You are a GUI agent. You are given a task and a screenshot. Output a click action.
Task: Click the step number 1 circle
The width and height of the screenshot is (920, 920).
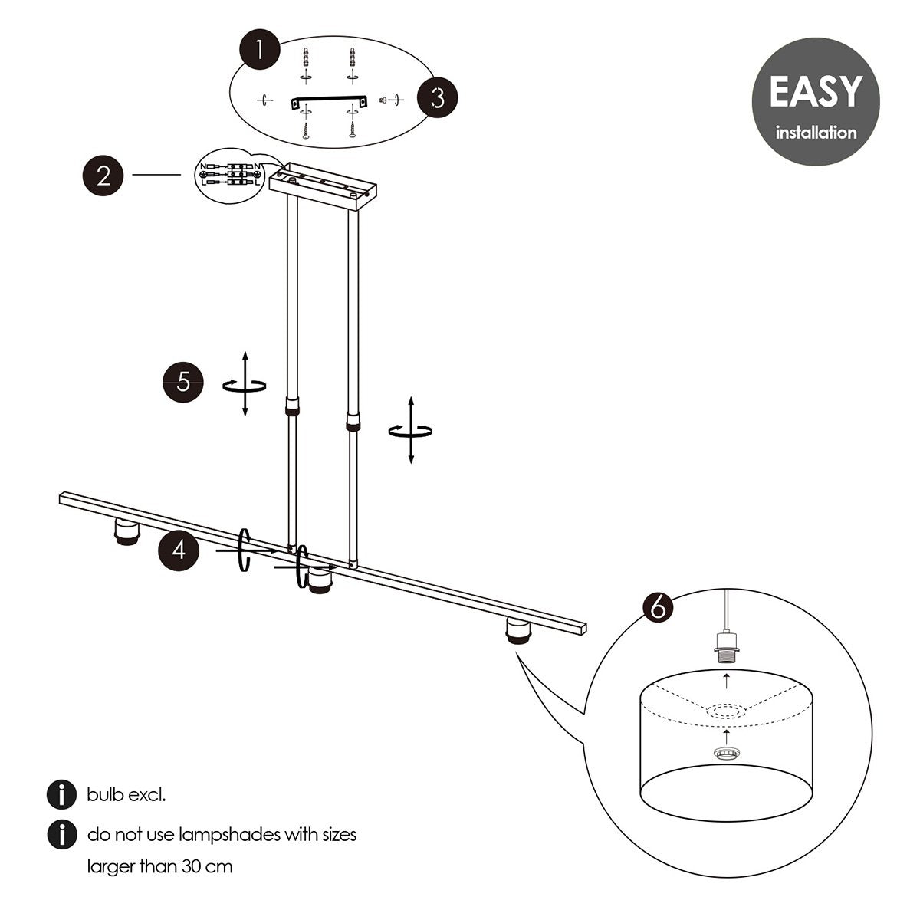[x=259, y=51]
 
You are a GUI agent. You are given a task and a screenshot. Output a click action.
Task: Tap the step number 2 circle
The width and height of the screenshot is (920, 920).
[x=103, y=176]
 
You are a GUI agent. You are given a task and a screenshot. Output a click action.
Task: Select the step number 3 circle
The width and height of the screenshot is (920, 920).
[x=437, y=98]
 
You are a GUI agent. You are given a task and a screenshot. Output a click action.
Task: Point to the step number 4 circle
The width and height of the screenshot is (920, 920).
[x=179, y=550]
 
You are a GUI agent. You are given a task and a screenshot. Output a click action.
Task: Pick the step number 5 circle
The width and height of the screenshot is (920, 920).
[x=183, y=381]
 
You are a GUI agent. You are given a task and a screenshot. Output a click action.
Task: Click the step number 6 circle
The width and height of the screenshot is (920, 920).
[x=656, y=607]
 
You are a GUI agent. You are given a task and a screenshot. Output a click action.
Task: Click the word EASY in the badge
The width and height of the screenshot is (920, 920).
[x=815, y=93]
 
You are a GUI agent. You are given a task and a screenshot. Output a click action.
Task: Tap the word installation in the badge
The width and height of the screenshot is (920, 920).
[x=816, y=133]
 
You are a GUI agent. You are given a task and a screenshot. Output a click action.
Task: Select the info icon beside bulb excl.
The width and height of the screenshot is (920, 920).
[x=61, y=795]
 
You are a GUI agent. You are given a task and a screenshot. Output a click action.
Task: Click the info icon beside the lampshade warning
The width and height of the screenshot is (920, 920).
[x=61, y=834]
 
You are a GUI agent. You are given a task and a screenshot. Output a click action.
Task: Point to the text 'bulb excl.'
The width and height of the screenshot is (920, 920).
[x=127, y=795]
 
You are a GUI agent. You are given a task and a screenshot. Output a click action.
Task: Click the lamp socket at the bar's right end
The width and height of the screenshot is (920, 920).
[x=518, y=633]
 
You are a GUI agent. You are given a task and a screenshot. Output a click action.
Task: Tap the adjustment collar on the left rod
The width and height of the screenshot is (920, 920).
[x=291, y=406]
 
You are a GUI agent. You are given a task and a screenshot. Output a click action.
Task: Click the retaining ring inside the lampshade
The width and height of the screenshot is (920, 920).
[x=724, y=754]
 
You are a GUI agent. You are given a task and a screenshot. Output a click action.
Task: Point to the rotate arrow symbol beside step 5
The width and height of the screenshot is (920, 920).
[x=245, y=386]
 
